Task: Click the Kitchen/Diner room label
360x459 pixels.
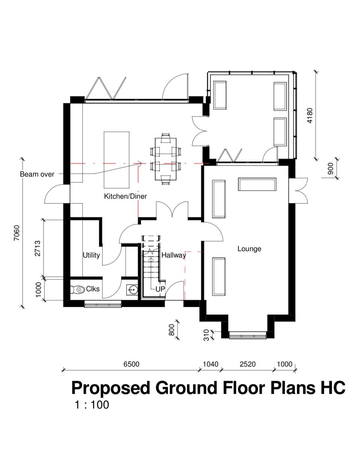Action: coord(125,196)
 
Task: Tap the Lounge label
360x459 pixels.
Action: coord(249,249)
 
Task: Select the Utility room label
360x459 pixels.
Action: coord(91,255)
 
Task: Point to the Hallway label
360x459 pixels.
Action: coord(174,255)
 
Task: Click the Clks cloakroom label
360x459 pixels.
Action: coord(93,289)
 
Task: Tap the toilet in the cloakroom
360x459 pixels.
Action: coord(77,289)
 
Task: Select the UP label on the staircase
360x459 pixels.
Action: coord(160,289)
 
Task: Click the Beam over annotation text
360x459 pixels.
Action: coord(37,174)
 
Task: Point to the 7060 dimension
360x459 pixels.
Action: coord(16,233)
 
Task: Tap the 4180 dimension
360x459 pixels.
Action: coord(310,115)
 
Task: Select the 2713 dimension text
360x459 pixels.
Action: coord(37,248)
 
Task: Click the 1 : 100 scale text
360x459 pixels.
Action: coord(92,405)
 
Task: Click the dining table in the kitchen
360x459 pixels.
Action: coord(166,159)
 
